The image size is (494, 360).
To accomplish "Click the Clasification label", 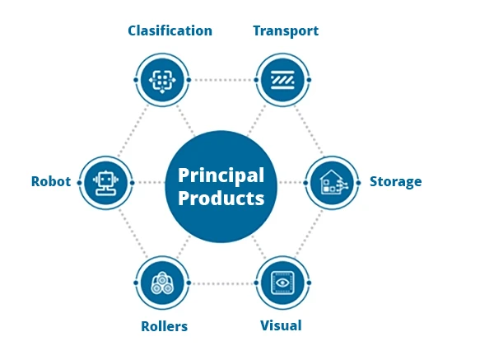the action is [x=170, y=30].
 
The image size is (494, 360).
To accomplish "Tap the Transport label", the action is [x=286, y=31].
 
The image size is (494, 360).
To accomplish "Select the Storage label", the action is [x=395, y=182].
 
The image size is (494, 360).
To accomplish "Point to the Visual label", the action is [x=281, y=325].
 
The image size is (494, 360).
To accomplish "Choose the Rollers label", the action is [x=164, y=326].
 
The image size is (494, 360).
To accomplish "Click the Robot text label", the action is [x=51, y=181].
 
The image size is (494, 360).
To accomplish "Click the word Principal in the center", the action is [x=221, y=176].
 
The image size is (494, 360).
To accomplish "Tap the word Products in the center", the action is [x=221, y=199].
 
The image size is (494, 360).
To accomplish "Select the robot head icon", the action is [x=106, y=183].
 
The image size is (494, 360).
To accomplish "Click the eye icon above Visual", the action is [x=282, y=283].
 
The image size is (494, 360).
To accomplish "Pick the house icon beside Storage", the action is [x=332, y=182].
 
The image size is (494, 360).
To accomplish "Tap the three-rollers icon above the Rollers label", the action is [x=162, y=283].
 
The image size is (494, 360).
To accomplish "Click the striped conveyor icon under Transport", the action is [x=282, y=80].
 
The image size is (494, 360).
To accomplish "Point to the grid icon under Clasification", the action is [x=162, y=81].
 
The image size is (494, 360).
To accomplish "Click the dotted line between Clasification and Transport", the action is [x=222, y=80].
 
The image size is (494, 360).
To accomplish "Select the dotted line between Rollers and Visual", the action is [x=222, y=283].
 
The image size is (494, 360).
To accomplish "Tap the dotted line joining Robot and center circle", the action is [x=149, y=183].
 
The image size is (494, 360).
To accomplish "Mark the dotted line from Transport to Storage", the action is [x=309, y=129].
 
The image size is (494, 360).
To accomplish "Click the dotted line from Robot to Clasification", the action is [x=133, y=130].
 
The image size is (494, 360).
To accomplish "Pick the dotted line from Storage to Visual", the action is [x=309, y=234].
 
